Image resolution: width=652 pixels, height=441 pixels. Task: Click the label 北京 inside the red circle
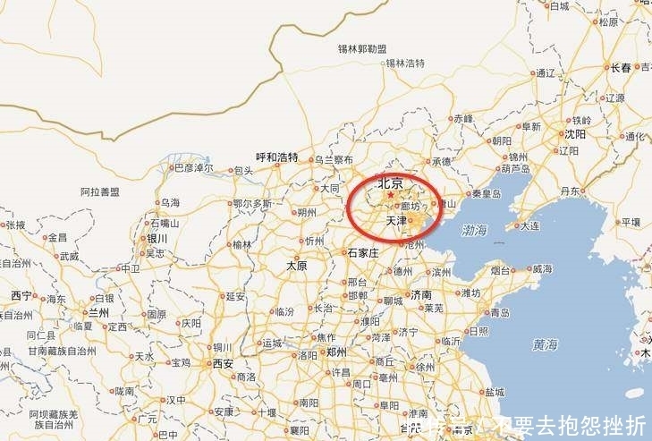point(390,183)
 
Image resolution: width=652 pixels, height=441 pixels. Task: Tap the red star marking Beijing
point(389,194)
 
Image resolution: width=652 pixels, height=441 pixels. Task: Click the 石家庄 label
point(363,253)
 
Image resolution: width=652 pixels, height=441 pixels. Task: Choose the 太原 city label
point(296,266)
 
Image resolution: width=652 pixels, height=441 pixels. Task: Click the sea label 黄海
point(545,343)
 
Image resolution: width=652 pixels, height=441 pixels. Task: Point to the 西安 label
point(223,363)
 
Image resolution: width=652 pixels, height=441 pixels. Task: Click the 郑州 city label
point(336,352)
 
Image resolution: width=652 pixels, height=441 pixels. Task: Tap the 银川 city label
point(157,239)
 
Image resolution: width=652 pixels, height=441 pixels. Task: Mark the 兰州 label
point(97,313)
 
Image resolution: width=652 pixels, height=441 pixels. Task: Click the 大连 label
point(531,226)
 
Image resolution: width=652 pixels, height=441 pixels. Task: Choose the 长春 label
point(621,67)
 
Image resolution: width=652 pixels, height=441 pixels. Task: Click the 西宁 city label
point(21,296)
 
